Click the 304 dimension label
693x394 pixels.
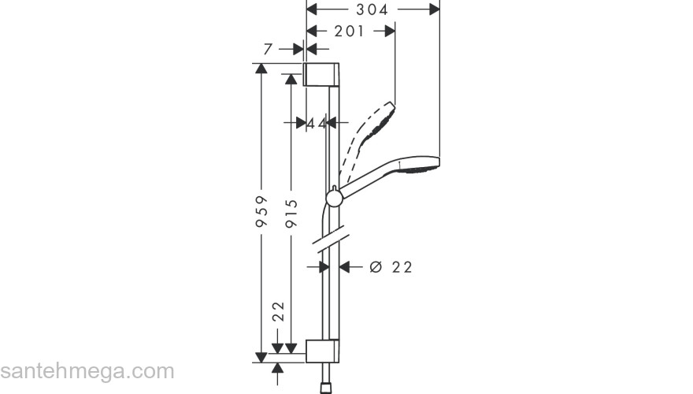372,9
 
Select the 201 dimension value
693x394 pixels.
350,31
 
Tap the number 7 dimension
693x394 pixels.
268,49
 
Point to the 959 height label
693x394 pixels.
261,211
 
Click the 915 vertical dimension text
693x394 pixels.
291,214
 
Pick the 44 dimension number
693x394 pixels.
317,124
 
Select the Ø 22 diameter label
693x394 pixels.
391,267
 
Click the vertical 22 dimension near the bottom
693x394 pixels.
278,311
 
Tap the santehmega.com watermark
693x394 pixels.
87,371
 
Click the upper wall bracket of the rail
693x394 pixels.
321,74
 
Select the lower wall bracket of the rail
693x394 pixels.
322,351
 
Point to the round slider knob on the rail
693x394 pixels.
334,199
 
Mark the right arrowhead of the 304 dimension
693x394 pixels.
435,9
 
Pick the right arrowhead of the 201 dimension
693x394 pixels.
390,31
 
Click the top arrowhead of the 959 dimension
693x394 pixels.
261,69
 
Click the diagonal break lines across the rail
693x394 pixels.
331,240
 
